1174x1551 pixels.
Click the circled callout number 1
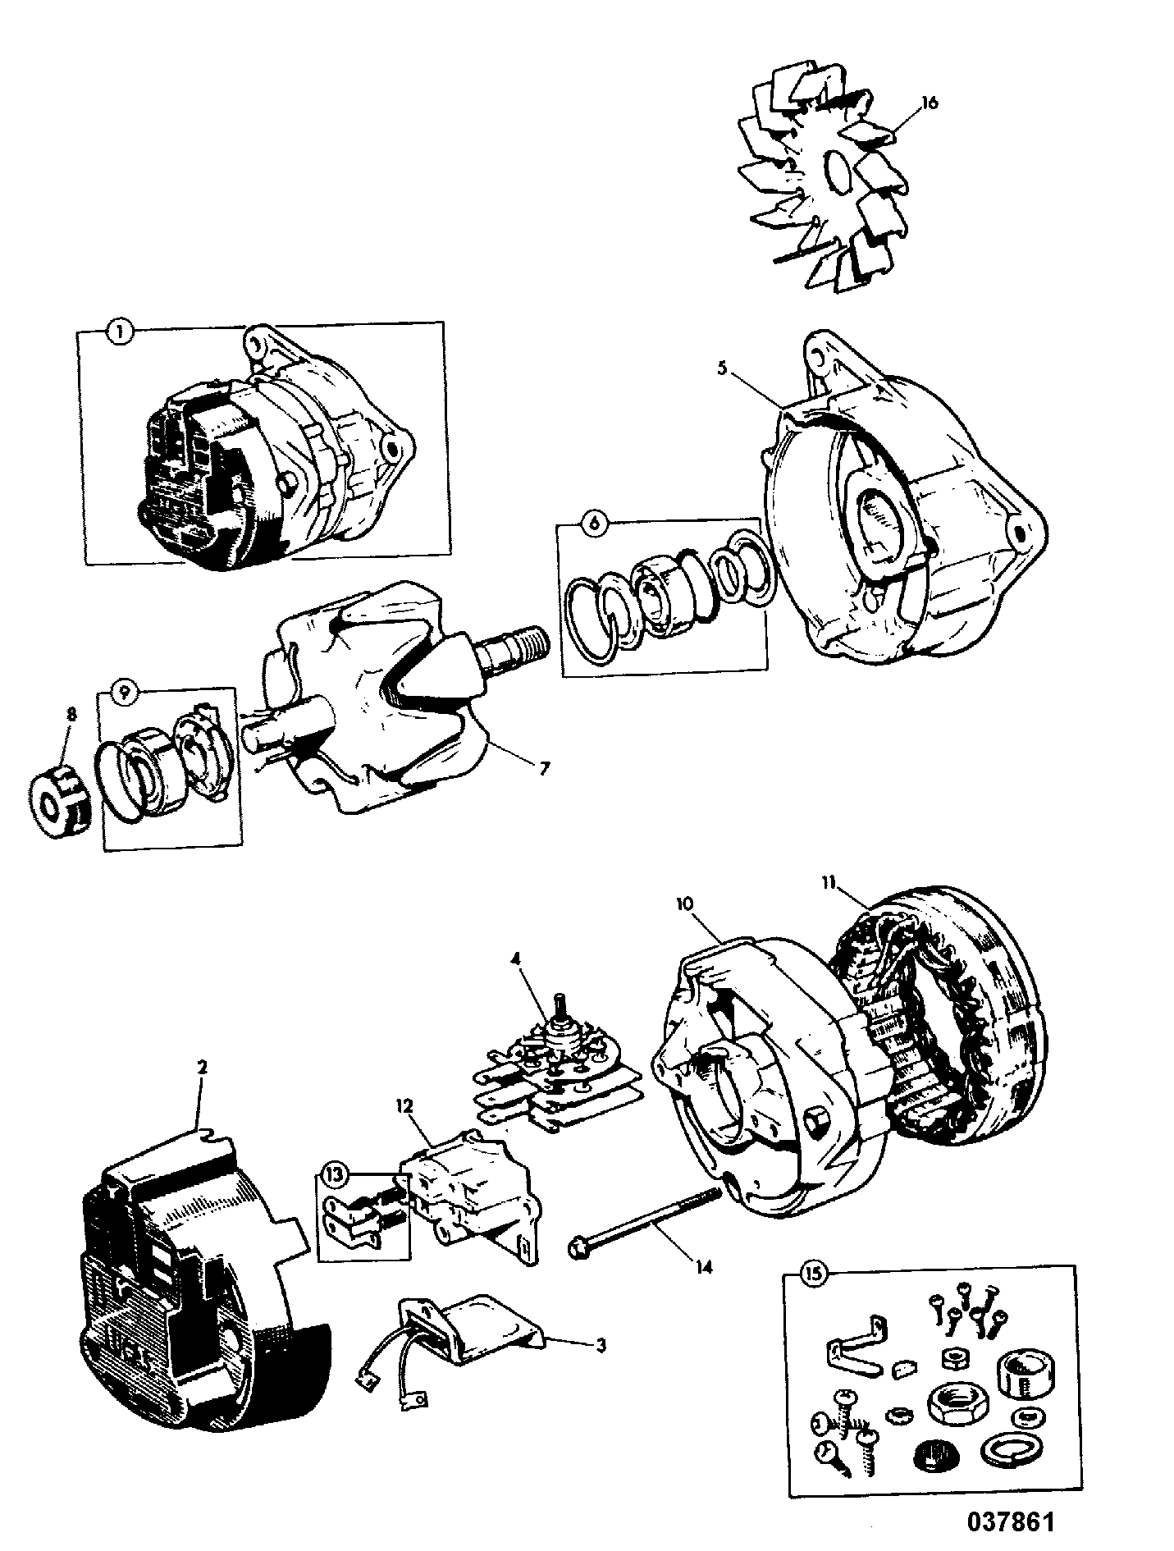(120, 333)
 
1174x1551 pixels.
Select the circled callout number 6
(594, 523)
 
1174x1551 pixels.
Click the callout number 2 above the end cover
(202, 1068)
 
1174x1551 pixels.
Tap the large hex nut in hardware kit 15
(953, 1409)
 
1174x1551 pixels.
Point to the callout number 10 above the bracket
(686, 904)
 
